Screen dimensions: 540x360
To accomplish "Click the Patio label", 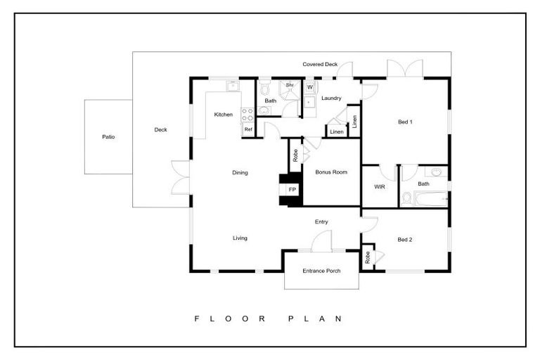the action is click(x=108, y=137).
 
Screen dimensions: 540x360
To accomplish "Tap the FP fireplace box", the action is click(x=292, y=190).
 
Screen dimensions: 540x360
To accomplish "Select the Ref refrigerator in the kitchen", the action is click(x=248, y=129).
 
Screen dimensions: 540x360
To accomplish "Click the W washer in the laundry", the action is click(x=310, y=87).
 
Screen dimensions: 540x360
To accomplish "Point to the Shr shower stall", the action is click(x=290, y=90).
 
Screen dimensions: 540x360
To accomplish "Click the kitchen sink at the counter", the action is click(x=233, y=86).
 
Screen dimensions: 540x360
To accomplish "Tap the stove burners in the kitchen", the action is click(x=247, y=115).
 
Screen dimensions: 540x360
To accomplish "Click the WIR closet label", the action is click(x=380, y=187).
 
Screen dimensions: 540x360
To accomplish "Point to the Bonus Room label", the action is click(x=331, y=172).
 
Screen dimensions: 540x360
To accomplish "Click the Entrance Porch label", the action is click(x=321, y=271).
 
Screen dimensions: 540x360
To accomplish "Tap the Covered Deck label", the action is click(x=320, y=64).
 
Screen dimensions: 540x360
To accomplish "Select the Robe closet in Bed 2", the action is click(x=368, y=257).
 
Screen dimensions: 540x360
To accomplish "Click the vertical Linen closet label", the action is click(x=354, y=121).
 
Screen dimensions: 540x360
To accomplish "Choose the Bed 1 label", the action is click(x=405, y=122).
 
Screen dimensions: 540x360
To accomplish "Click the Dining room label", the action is click(x=240, y=172).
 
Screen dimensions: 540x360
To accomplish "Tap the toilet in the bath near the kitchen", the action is click(x=265, y=88).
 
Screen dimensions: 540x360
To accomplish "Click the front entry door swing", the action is click(x=321, y=240).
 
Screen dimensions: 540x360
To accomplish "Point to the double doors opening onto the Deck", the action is click(x=181, y=177).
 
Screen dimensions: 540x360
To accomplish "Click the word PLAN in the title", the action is click(x=315, y=319).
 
